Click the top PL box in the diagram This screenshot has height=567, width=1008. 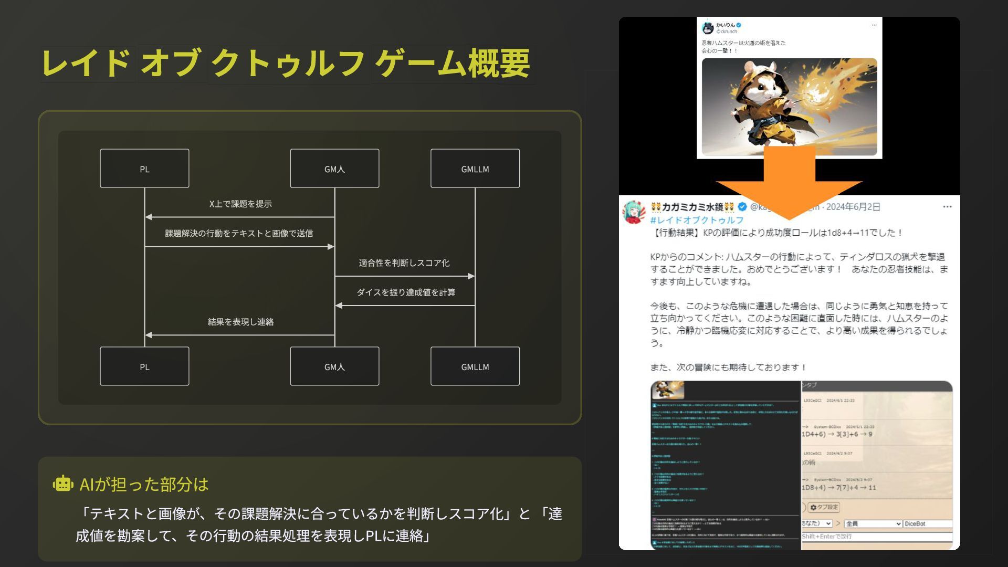pos(144,169)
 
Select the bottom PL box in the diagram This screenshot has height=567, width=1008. pos(144,366)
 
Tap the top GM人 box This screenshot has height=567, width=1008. pos(334,169)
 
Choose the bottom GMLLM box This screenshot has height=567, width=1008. pos(475,366)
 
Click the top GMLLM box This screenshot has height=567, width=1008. pos(475,169)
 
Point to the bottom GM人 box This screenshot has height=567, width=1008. pos(334,366)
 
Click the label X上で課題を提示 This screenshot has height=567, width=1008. pos(240,204)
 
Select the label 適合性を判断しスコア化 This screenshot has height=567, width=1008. pos(404,262)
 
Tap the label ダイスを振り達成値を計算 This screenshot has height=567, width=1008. pos(406,292)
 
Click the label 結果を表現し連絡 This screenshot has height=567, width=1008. pos(240,321)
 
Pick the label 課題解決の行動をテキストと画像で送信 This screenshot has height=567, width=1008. pos(239,233)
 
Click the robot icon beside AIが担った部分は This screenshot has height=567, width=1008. pos(62,484)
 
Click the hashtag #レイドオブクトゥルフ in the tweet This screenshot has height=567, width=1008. pos(697,220)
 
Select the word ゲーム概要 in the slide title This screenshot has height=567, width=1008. pos(451,64)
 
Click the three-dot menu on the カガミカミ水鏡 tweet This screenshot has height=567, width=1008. pos(947,207)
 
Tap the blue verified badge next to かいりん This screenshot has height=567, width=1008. pos(739,25)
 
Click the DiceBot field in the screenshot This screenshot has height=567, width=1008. pos(927,524)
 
